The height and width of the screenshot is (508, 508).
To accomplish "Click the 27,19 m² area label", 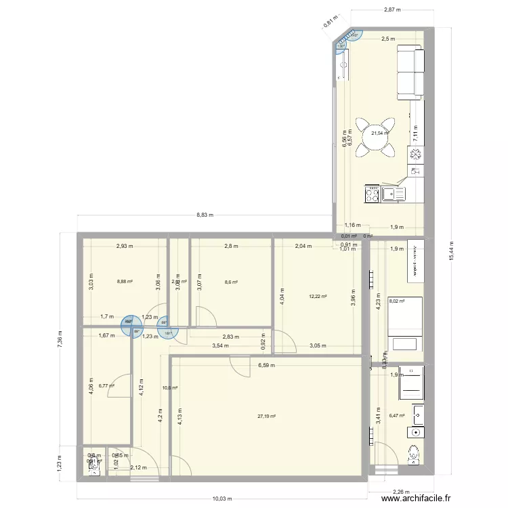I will point(266,417).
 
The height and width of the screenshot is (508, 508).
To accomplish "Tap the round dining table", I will point(377,137).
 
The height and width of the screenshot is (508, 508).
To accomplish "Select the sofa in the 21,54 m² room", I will point(408,71).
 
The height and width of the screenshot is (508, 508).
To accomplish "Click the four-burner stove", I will point(372,195).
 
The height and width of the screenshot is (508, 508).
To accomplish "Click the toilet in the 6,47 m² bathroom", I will point(415,455).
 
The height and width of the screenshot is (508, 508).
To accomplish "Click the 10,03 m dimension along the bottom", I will point(221,499).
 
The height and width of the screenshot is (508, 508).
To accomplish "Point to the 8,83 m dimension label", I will point(205,215).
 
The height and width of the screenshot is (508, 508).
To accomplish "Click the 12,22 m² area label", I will point(318,297).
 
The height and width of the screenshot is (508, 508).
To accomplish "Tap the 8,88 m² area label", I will point(125,282).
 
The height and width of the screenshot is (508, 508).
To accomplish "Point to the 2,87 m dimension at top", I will point(392,10).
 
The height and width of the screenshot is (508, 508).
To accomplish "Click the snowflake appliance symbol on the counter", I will point(415,155).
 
